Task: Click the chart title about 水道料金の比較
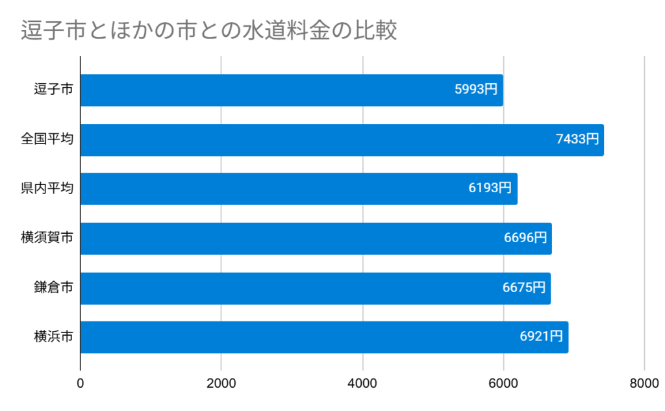[x=208, y=31]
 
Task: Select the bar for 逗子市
[x=291, y=90]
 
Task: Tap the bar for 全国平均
[x=342, y=140]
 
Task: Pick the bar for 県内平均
[x=299, y=189]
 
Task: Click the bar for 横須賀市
[x=316, y=238]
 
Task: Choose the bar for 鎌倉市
[x=315, y=288]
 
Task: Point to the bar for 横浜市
[x=324, y=338]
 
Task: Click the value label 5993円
[x=477, y=90]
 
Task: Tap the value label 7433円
[x=577, y=140]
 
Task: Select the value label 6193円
[x=490, y=189]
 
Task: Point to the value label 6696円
[x=525, y=238]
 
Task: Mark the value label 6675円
[x=524, y=288]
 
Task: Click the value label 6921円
[x=541, y=338]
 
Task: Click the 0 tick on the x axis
[x=81, y=384]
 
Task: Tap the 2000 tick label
[x=221, y=384]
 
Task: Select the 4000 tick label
[x=362, y=384]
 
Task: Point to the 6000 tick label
[x=503, y=384]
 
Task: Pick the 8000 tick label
[x=644, y=384]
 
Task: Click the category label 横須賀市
[x=47, y=238]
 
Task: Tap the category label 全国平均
[x=47, y=140]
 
